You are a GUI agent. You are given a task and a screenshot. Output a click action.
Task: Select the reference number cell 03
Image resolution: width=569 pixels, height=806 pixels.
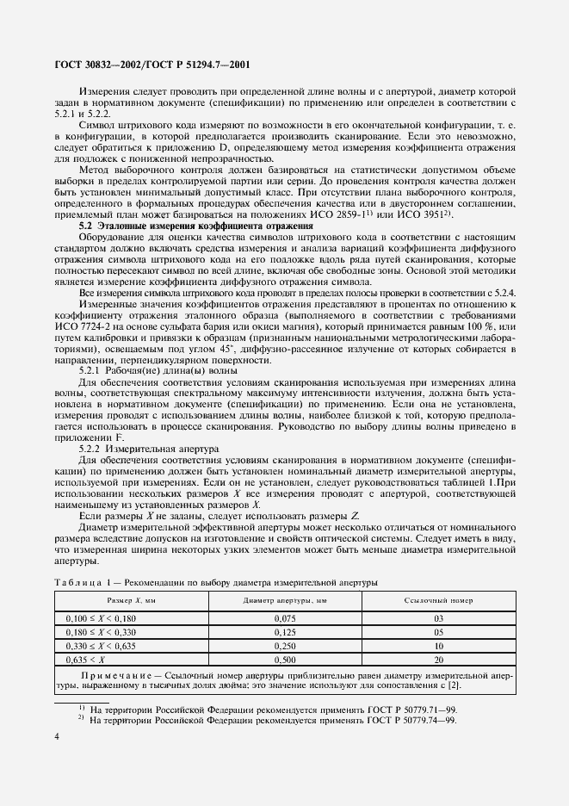coord(439,618)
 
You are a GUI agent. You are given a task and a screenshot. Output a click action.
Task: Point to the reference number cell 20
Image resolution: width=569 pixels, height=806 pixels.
coord(439,658)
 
